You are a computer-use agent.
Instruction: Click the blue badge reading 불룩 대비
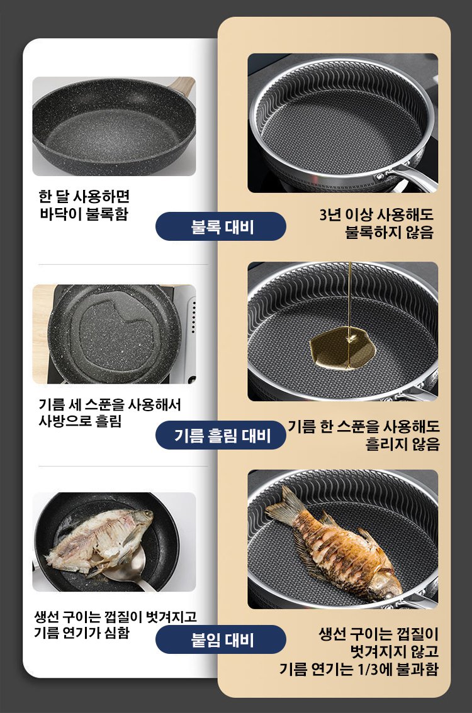click(x=221, y=226)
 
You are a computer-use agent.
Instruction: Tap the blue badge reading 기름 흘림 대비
click(x=221, y=435)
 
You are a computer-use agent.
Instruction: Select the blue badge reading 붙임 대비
click(x=221, y=639)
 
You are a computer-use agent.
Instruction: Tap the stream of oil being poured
click(x=349, y=300)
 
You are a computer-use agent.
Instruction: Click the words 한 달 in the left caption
click(x=53, y=196)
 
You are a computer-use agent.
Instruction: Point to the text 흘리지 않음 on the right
click(x=403, y=443)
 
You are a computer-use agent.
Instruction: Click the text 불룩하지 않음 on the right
click(x=390, y=232)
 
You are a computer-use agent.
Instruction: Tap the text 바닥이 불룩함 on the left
click(x=84, y=213)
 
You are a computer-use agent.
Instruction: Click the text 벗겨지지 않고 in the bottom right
click(x=394, y=651)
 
